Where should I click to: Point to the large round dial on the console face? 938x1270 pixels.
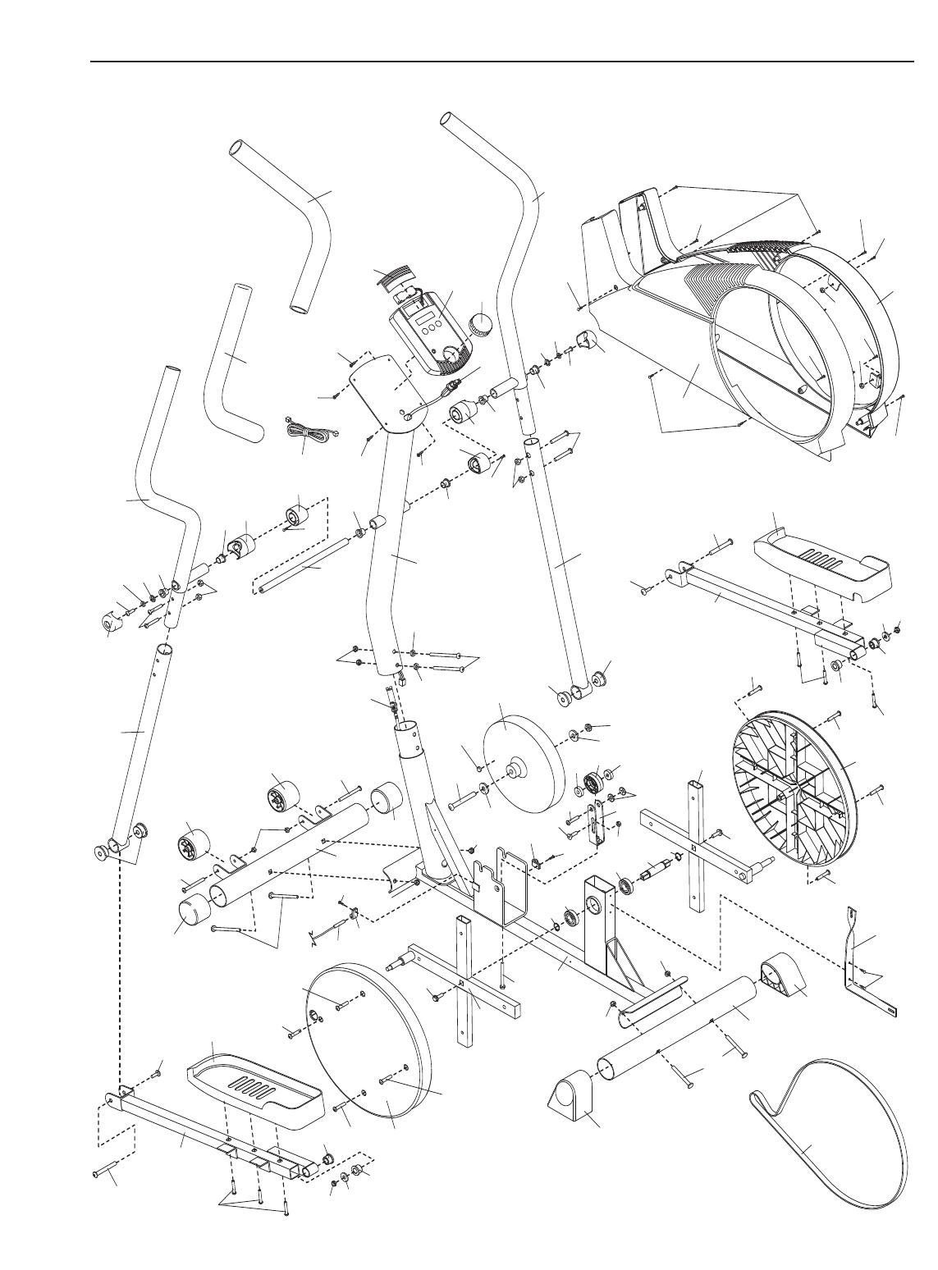point(450,355)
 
